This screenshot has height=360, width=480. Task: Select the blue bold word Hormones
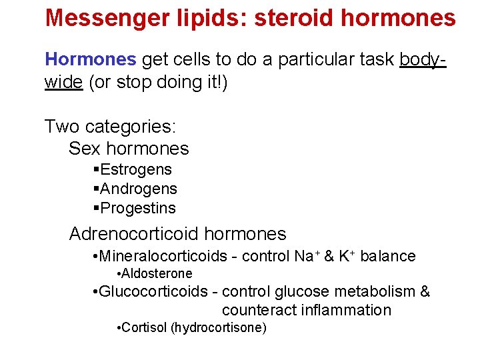tap(90, 59)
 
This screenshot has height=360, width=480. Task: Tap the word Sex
tap(85, 148)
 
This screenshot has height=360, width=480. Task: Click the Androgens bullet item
tap(138, 189)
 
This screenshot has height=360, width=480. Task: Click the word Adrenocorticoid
tap(134, 234)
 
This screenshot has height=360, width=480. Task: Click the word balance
tap(388, 256)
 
